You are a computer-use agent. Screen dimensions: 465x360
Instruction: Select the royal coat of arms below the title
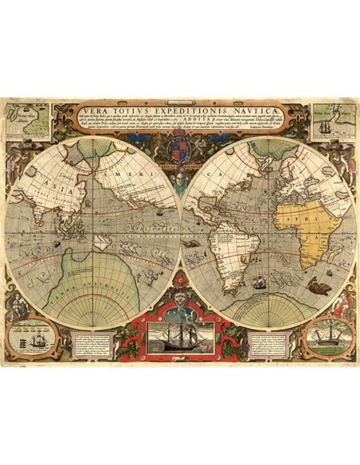pyautogui.click(x=180, y=151)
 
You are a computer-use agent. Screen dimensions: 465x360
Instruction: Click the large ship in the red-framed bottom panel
pyautogui.click(x=179, y=333)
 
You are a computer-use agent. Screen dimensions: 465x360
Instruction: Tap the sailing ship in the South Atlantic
pyautogui.click(x=259, y=281)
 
